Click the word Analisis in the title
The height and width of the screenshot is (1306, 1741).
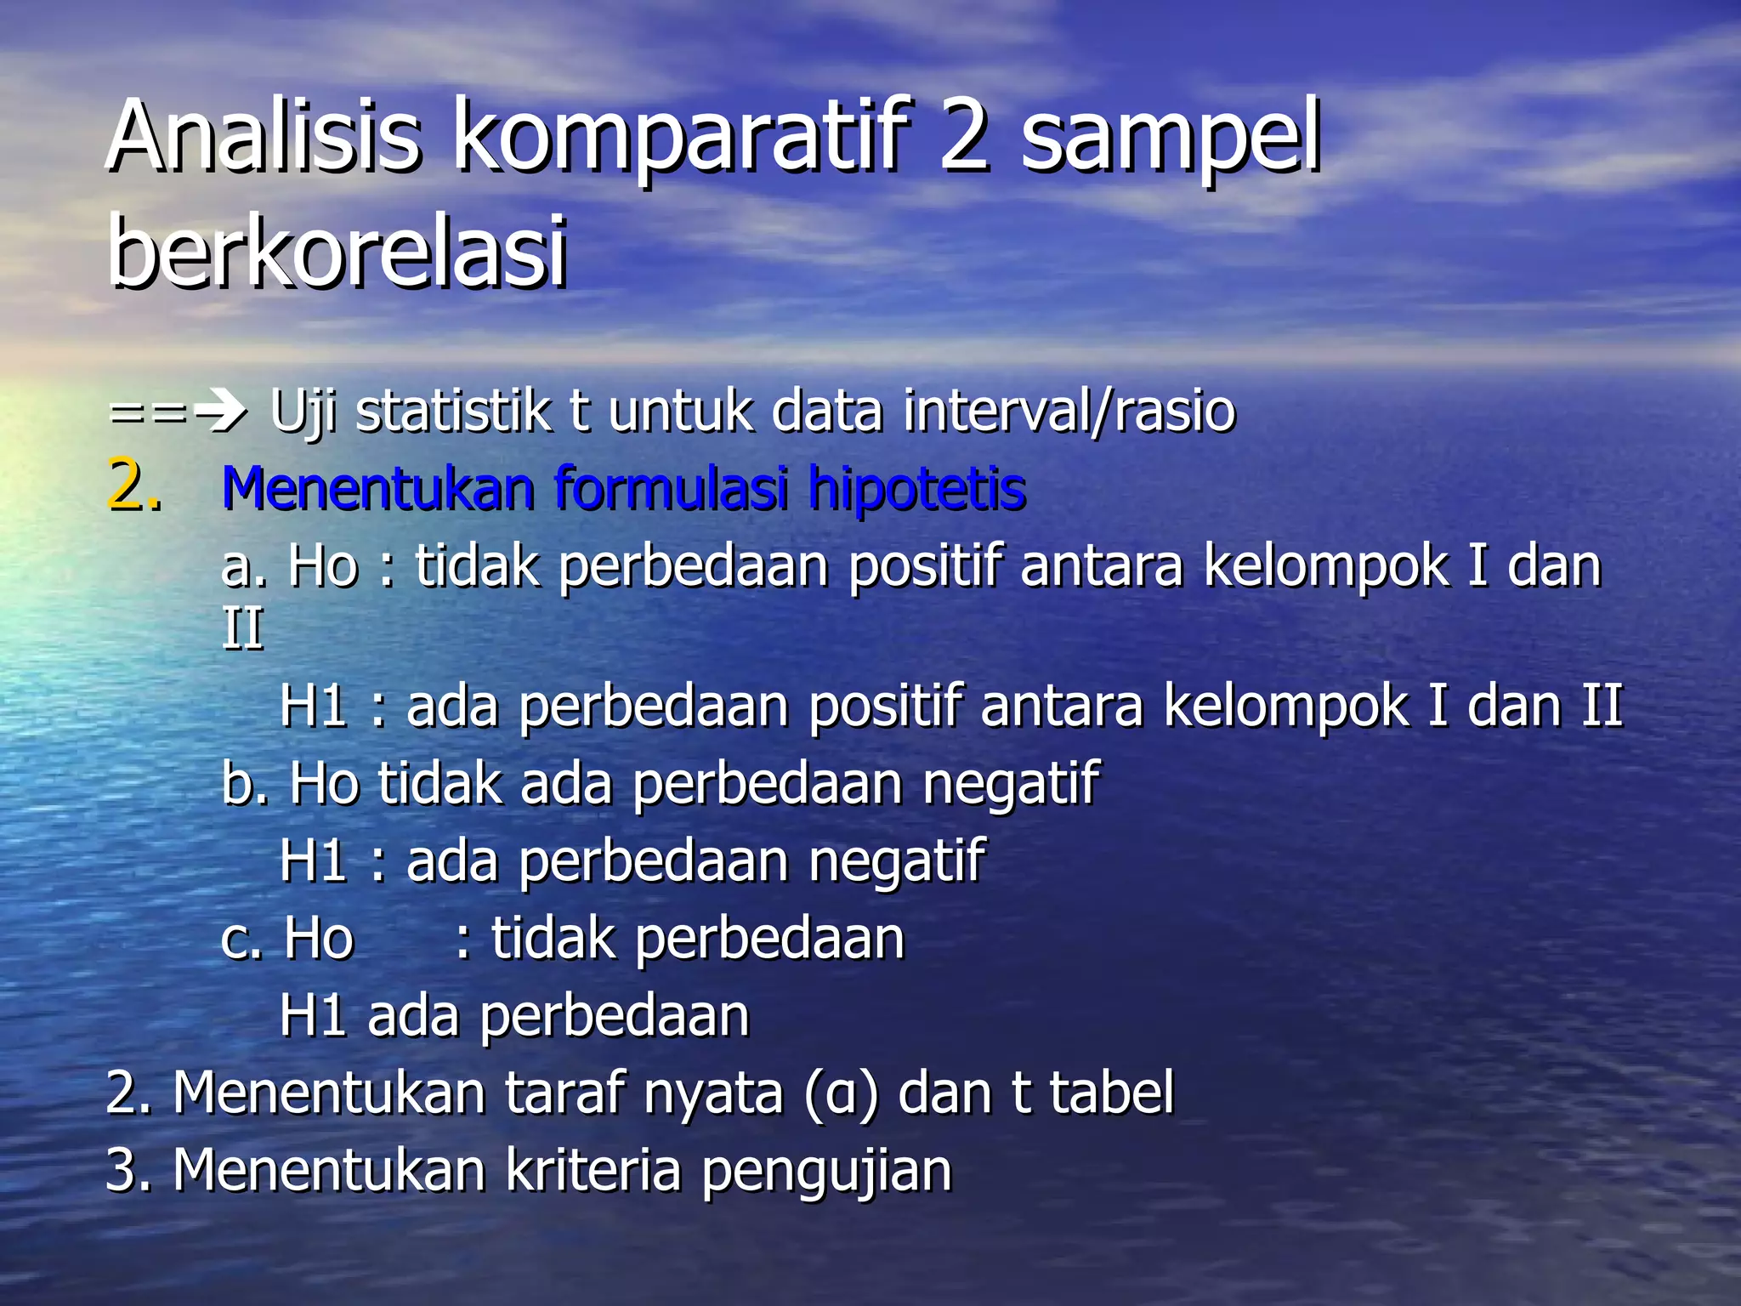click(264, 136)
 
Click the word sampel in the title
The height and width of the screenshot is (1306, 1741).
click(1171, 136)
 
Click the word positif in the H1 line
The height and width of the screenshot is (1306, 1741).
click(885, 707)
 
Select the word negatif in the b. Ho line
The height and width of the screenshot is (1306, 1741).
click(1011, 783)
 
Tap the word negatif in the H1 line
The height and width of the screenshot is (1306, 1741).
click(896, 860)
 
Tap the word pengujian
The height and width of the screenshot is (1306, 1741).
click(826, 1171)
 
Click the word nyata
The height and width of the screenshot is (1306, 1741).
click(712, 1093)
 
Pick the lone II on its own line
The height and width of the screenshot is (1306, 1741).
click(242, 630)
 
